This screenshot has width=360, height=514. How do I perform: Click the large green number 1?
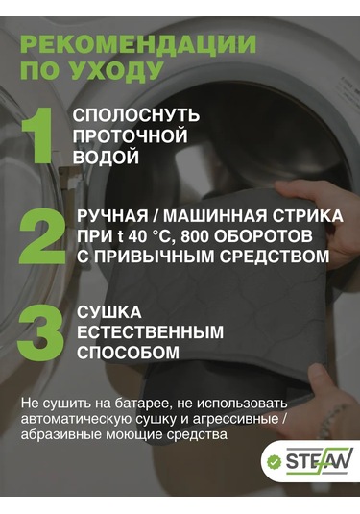38,135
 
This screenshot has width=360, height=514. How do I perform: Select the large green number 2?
42,236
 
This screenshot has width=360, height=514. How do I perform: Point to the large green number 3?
40,332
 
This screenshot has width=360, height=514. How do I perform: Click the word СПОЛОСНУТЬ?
136,115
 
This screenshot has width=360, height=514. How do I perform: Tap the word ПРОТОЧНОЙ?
130,136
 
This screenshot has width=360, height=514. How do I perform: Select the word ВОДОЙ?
106,157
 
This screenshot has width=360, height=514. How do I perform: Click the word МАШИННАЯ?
214,216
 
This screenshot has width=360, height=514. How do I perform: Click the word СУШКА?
109,312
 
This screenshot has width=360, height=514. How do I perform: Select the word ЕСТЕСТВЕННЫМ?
150,332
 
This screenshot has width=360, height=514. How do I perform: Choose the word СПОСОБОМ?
128,353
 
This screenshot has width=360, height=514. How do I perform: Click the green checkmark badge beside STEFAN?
274,462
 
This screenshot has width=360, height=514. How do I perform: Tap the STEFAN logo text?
319,461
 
